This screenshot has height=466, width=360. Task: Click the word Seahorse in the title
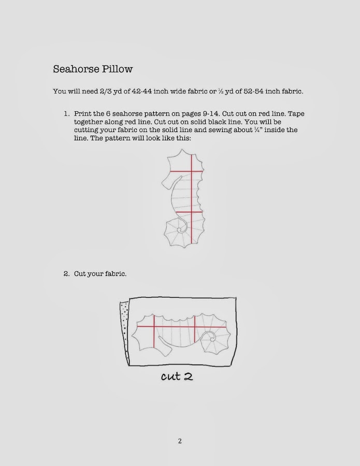pyautogui.click(x=74, y=69)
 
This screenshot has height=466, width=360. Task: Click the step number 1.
pyautogui.click(x=66, y=113)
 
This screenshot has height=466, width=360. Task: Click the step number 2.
pyautogui.click(x=66, y=274)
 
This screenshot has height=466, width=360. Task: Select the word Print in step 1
pyautogui.click(x=82, y=113)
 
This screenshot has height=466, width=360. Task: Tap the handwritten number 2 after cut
pyautogui.click(x=188, y=376)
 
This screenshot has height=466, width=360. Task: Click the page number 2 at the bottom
pyautogui.click(x=180, y=441)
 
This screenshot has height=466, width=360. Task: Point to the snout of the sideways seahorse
pyautogui.click(x=165, y=349)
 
